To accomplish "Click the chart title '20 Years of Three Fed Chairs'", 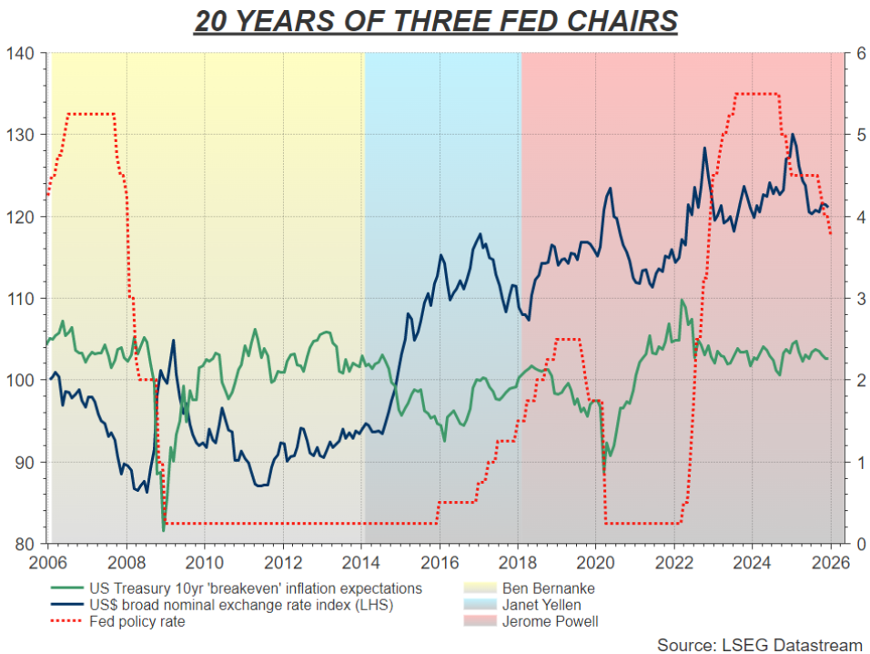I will pyautogui.click(x=435, y=21).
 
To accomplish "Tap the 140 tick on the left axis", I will pyautogui.click(x=25, y=54).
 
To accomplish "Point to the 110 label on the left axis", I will pyautogui.click(x=25, y=299).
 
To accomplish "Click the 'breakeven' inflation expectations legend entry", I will pyautogui.click(x=255, y=588).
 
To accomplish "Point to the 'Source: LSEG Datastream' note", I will pyautogui.click(x=759, y=644).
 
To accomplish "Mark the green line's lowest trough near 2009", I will pyautogui.click(x=164, y=530).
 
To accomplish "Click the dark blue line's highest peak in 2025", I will pyautogui.click(x=793, y=135).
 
